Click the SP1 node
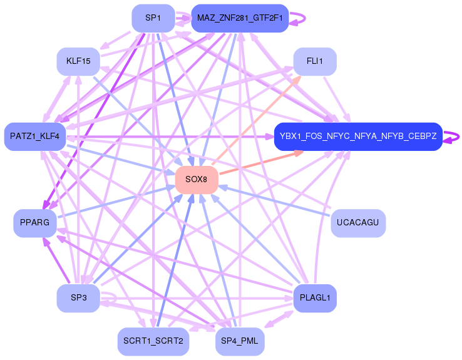pos(153,18)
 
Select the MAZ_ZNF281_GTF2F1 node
pos(240,18)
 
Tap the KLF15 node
pos(78,61)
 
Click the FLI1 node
pos(315,61)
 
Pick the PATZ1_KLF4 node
pos(35,136)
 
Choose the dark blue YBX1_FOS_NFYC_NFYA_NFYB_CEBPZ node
pos(358,136)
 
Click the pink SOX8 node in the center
pos(197,180)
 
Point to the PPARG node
pos(35,223)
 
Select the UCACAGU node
pos(358,223)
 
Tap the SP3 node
pos(78,298)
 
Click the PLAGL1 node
pos(315,298)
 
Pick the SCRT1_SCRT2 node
pos(153,341)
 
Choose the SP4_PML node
pos(240,341)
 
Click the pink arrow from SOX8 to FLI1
pos(256,120)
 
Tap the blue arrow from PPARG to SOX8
pos(116,201)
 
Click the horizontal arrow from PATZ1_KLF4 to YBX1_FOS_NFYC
pos(170,136)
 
